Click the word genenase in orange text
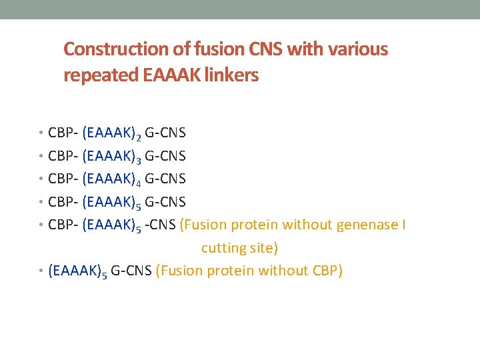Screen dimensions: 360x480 pyautogui.click(x=366, y=225)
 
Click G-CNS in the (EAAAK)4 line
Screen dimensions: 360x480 pyautogui.click(x=165, y=179)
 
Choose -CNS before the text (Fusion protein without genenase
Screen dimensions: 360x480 pyautogui.click(x=161, y=225)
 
